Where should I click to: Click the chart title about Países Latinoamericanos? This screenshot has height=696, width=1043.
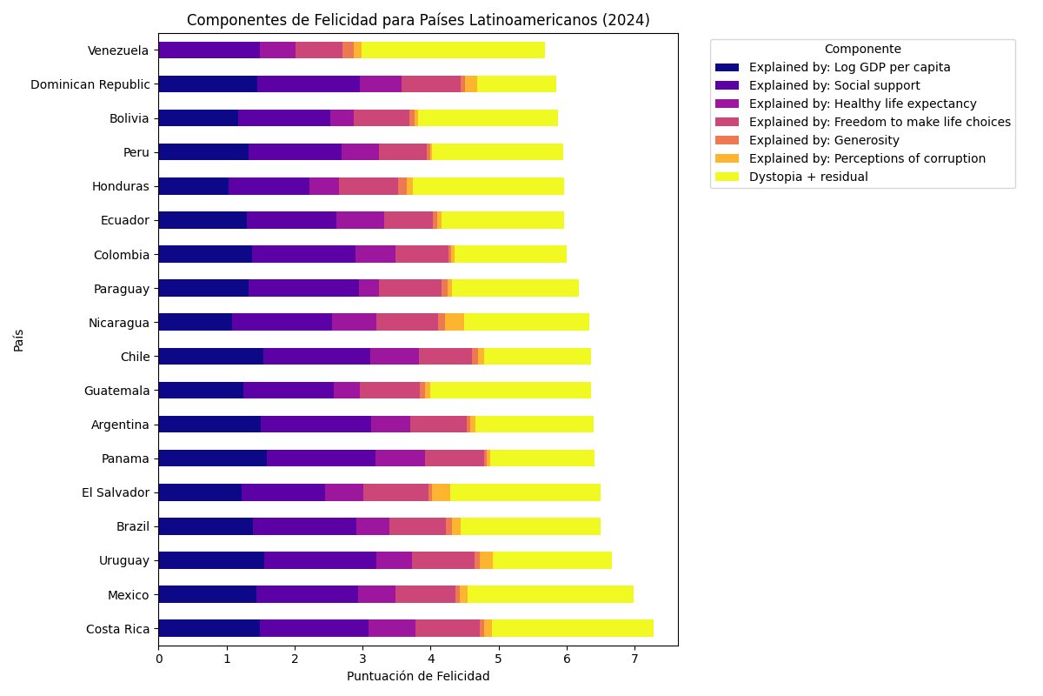pos(418,20)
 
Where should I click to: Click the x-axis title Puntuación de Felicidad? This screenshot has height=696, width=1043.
pos(418,676)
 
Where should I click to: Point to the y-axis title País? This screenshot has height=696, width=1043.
pos(19,339)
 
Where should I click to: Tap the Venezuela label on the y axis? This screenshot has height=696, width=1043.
pos(118,50)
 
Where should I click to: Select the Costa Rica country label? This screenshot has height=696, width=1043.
pos(117,629)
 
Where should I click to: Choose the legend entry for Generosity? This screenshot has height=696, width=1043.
pos(824,140)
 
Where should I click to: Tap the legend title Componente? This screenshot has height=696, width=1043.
pos(862,50)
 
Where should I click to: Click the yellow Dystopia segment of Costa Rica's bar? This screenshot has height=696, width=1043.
pos(572,628)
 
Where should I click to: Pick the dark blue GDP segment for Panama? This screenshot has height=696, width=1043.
pos(212,458)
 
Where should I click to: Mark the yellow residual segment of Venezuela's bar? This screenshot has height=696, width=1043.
pos(453,50)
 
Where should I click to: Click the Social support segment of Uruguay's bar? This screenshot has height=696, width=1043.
pos(320,560)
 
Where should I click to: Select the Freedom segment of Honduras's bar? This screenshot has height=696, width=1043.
pos(368,186)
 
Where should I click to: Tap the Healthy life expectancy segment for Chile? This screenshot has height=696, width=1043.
pos(395,357)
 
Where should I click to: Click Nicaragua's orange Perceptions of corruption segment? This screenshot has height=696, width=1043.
pos(454,323)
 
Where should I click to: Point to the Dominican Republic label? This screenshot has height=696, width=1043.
pos(90,84)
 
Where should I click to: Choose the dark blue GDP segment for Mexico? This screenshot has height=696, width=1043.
pos(207,594)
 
